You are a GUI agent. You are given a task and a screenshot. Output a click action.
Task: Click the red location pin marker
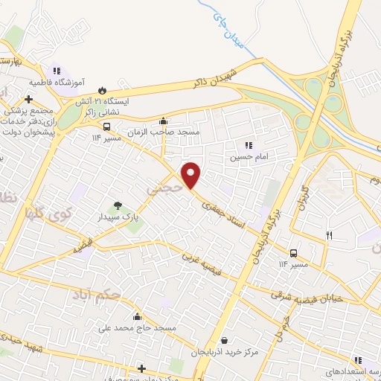(191, 176)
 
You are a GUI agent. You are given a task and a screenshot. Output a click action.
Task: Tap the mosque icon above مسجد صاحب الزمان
(164, 121)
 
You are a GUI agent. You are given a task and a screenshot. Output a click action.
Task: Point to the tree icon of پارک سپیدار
(117, 205)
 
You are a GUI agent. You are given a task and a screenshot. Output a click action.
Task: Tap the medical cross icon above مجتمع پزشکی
(28, 99)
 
